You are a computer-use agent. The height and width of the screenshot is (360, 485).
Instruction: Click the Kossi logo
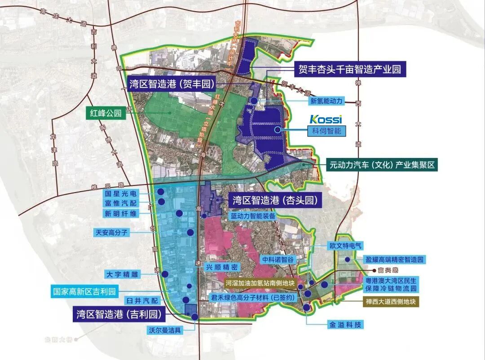[326, 119]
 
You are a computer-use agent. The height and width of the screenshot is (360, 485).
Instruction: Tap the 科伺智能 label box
[324, 131]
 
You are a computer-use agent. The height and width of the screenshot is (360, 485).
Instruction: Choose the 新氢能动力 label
[326, 101]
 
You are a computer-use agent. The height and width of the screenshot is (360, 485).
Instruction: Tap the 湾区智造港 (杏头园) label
[276, 200]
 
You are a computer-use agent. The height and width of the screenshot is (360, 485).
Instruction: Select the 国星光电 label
[121, 194]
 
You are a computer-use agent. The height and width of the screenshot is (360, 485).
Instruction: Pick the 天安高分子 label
[112, 233]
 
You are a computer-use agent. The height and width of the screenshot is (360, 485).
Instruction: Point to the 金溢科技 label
[345, 325]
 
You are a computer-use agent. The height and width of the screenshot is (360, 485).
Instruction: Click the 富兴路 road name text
[388, 270]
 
